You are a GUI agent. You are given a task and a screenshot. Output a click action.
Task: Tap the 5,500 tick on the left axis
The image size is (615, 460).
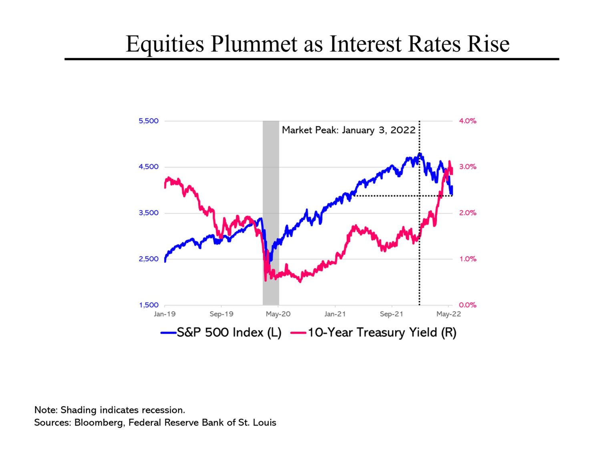pos(149,121)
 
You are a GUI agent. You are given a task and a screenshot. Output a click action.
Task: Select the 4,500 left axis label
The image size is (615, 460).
pos(149,167)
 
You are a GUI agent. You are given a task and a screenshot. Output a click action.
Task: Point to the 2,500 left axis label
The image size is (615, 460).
pos(149,259)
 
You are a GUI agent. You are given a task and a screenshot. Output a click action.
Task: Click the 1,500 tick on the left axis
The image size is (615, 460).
pos(149,305)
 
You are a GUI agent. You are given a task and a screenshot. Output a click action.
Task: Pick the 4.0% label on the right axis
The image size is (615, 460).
pos(467,121)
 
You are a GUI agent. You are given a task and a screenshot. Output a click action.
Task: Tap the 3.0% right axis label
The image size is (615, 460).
pos(467,167)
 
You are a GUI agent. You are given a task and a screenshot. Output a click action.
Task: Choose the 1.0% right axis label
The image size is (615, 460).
pos(467,259)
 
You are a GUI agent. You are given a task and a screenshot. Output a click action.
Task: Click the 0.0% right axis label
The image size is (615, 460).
pos(467,305)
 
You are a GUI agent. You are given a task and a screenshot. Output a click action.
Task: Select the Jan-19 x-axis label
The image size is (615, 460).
pos(165,314)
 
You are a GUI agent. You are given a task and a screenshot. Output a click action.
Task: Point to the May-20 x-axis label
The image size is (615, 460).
pos(278,314)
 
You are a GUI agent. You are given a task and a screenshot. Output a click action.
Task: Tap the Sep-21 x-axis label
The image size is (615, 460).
pos(391,314)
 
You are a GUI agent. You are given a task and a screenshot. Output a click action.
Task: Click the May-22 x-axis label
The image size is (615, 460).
pos(448,314)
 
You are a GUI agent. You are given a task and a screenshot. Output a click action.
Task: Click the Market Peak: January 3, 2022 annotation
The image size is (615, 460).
pos(348,130)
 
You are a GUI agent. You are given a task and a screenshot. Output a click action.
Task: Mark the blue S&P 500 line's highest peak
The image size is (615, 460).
pos(420,154)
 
